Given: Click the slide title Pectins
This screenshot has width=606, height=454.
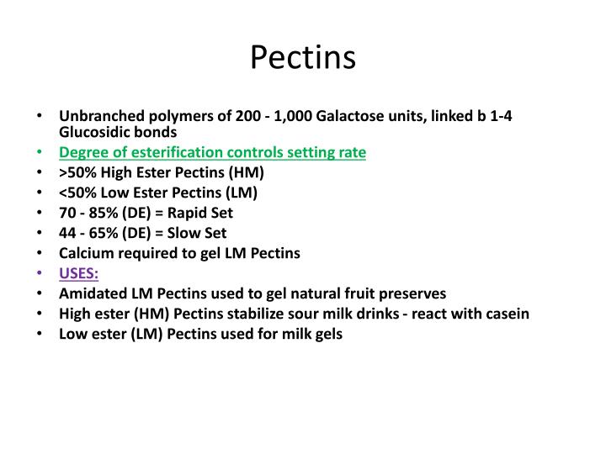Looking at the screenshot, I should [x=303, y=57].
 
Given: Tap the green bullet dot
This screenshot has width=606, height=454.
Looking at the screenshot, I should [x=42, y=153].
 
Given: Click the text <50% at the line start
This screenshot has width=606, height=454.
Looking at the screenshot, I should [x=77, y=193].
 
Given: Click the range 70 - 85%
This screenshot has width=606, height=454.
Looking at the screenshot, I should [x=88, y=213].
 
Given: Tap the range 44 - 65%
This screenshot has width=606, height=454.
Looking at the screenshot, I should [x=88, y=233].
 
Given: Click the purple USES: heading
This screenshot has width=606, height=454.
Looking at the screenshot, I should [x=78, y=273].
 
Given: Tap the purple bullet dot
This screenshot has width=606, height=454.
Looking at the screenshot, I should [x=42, y=274].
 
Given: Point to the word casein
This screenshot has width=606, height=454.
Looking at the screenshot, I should [x=506, y=314].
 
